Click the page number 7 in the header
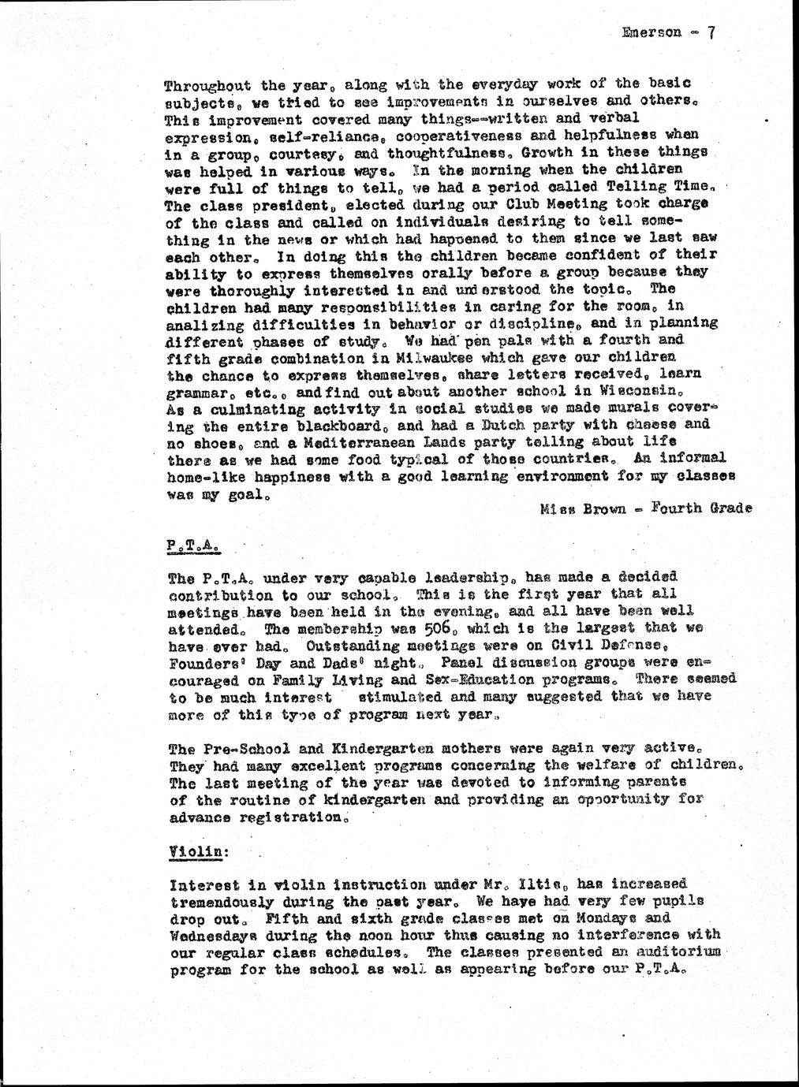click(711, 32)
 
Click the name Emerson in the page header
click(652, 33)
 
